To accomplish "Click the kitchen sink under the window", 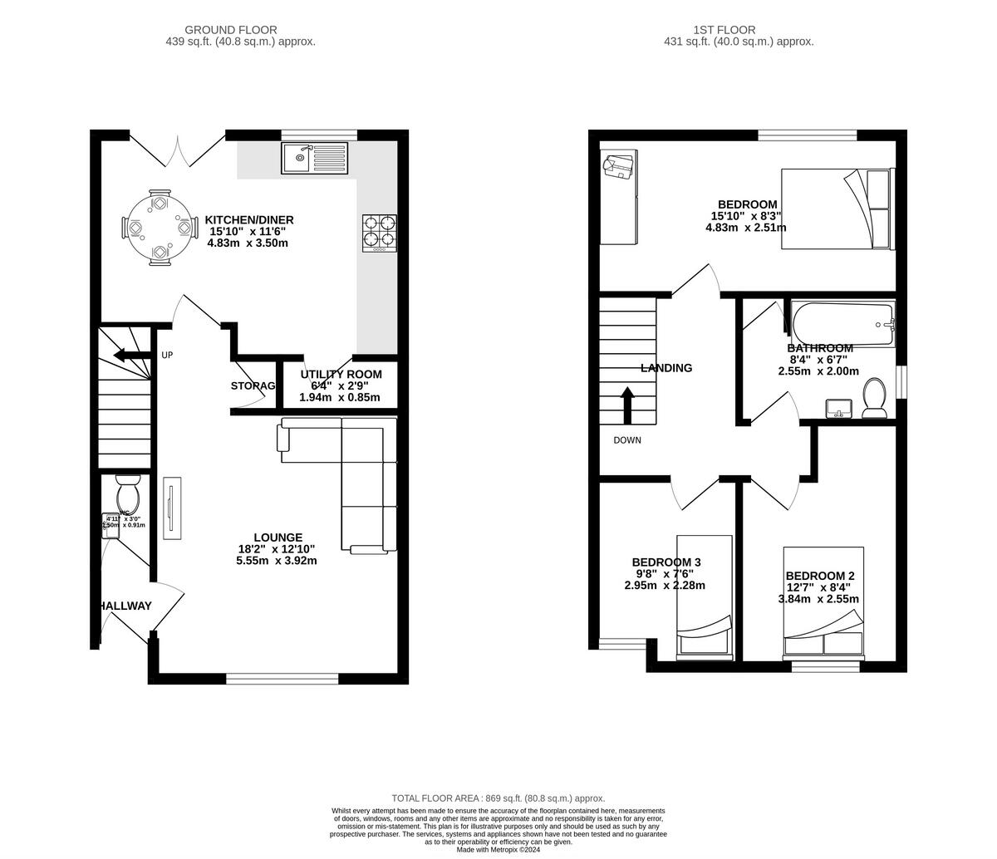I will pyautogui.click(x=314, y=158).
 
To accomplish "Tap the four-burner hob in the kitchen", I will pyautogui.click(x=379, y=233).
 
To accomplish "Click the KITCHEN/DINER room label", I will pyautogui.click(x=249, y=220).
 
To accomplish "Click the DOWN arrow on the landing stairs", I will pyautogui.click(x=627, y=405).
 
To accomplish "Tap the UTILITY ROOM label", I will pyautogui.click(x=341, y=375).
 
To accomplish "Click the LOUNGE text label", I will pyautogui.click(x=277, y=537).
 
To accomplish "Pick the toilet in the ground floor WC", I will pyautogui.click(x=128, y=496).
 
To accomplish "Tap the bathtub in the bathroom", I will pyautogui.click(x=842, y=325).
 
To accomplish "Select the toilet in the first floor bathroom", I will pyautogui.click(x=874, y=398).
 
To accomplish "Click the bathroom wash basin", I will pyautogui.click(x=839, y=408).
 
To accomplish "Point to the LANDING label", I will pyautogui.click(x=665, y=368).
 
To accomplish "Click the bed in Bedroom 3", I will pyautogui.click(x=704, y=596).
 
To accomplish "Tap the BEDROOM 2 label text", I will pyautogui.click(x=819, y=576).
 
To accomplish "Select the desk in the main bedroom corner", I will pyautogui.click(x=619, y=198).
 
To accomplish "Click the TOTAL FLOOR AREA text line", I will pyautogui.click(x=498, y=798).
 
